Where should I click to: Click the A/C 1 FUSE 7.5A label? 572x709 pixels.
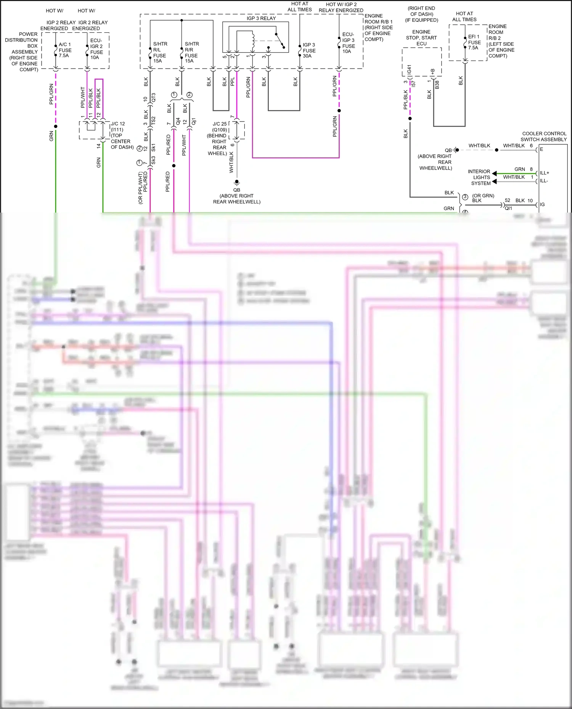[65, 50]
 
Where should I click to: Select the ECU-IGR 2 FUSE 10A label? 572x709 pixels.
[96, 49]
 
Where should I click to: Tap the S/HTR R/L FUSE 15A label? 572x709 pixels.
[160, 52]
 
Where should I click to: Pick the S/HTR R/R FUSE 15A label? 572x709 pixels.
[191, 52]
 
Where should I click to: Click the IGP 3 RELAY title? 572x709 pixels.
[261, 18]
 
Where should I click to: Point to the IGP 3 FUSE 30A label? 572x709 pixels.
[309, 50]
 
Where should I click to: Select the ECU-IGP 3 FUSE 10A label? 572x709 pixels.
[348, 43]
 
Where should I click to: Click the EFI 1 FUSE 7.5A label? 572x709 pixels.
[474, 42]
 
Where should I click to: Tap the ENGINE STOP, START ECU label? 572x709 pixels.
[421, 38]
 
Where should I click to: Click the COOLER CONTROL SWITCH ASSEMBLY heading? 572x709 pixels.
[544, 136]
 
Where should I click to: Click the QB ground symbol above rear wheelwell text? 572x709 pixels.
[237, 182]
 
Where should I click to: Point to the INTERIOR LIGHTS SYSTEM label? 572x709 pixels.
[480, 177]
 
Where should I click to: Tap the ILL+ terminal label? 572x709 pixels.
[544, 173]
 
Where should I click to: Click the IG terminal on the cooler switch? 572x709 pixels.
[542, 205]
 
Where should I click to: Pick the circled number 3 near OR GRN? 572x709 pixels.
[465, 197]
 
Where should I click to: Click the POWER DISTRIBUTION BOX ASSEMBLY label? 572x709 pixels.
[22, 52]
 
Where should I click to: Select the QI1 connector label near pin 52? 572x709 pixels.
[508, 208]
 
